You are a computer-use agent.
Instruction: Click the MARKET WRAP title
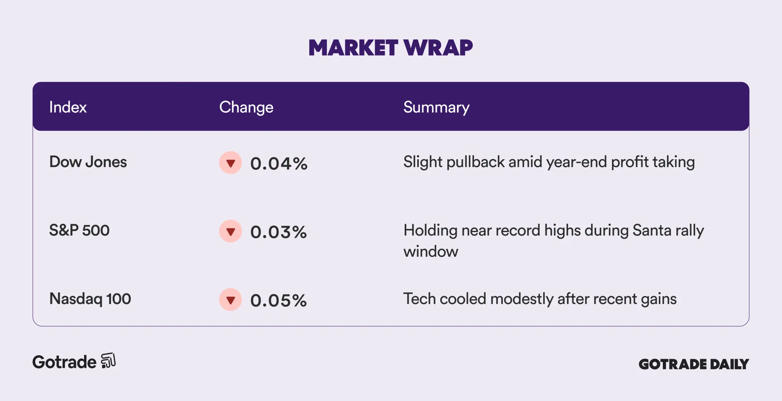pos(391,48)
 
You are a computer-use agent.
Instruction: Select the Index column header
pos(68,107)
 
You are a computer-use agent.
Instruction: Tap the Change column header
pos(246,108)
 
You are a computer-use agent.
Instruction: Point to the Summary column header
pos(436,108)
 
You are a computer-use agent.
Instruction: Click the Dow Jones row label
pos(88,162)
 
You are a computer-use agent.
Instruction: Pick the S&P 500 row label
pos(79,230)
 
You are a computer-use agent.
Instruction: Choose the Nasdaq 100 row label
pos(90,299)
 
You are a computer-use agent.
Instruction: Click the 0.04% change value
pos(279,164)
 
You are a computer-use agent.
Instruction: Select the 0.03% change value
pos(278,232)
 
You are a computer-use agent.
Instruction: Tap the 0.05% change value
pos(278,300)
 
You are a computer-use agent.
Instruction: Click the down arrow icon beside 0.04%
pos(231,163)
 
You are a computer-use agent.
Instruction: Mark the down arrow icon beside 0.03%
pos(231,231)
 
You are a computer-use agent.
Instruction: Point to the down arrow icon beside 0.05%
pos(231,300)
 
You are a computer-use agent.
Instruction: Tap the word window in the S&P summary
pos(431,252)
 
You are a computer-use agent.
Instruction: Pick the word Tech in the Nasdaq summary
pos(420,299)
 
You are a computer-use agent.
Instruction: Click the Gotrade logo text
pos(64,362)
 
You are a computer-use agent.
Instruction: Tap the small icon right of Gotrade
pos(108,361)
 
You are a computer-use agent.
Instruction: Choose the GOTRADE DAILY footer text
pos(694,364)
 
